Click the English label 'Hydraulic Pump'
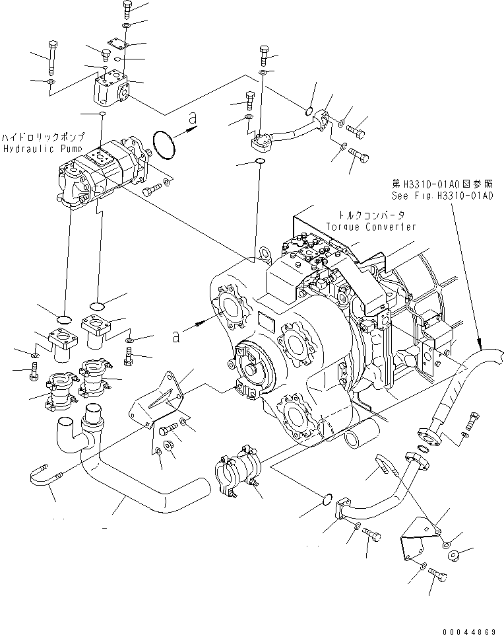[x=33, y=149]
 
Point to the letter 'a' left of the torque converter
[x=175, y=336]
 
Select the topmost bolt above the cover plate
[x=127, y=8]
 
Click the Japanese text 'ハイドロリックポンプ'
[x=43, y=137]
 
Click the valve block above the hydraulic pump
[x=112, y=90]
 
